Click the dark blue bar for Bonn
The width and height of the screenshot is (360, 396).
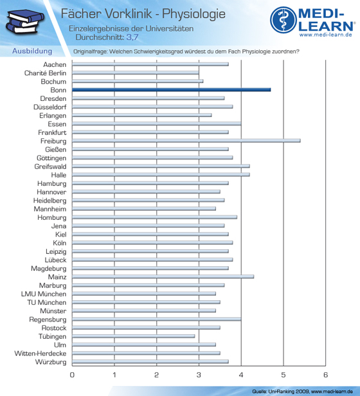pos(171,89)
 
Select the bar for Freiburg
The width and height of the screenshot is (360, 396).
pos(186,141)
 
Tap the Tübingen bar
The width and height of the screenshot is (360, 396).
pos(133,336)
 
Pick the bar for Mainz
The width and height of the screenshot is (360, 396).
pos(163,276)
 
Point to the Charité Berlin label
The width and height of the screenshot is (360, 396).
pos(45,73)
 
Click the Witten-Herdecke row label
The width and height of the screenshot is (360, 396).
pos(40,354)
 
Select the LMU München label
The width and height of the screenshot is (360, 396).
pos(44,294)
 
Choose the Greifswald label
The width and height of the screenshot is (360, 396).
pos(51,166)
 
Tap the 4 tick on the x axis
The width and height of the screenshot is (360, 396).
pos(241,375)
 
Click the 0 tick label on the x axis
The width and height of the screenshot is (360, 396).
pos(72,375)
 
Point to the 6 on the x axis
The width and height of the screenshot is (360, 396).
pos(325,375)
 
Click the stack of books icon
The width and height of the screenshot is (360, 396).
pos(25,22)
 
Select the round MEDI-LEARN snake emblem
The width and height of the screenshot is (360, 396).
pos(283,20)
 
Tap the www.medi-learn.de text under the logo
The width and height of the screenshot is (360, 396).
pos(326,35)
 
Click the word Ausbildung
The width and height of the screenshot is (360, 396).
pos(32,51)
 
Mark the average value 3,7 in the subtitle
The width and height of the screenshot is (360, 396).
pos(132,37)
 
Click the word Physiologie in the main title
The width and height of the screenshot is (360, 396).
pos(194,14)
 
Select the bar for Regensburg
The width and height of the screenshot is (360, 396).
pos(157,319)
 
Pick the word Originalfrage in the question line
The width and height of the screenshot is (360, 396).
pos(90,51)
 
